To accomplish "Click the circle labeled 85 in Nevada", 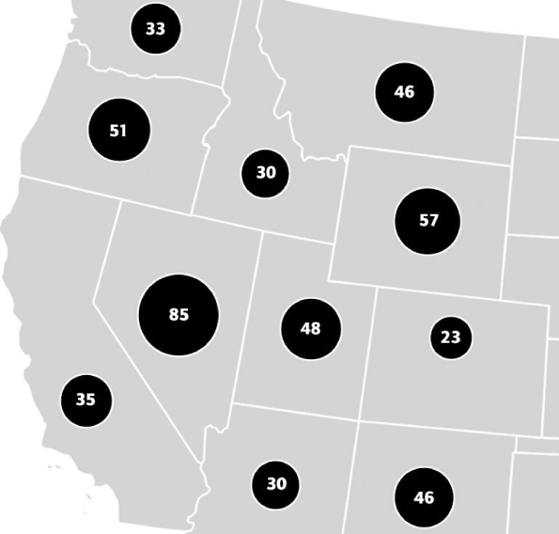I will [179, 315].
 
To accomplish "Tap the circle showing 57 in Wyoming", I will [428, 221].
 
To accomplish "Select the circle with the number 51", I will [118, 131].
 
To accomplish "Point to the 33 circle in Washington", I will [155, 28].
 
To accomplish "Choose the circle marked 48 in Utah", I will [310, 328].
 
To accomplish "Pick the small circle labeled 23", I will [451, 338].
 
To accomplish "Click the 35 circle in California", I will [85, 400].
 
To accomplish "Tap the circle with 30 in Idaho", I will [266, 173].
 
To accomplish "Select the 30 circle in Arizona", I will [276, 484].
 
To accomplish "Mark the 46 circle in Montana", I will [404, 92].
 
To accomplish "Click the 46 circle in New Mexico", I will [424, 497].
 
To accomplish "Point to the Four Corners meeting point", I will [358, 420].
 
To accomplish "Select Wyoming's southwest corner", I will [331, 277].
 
